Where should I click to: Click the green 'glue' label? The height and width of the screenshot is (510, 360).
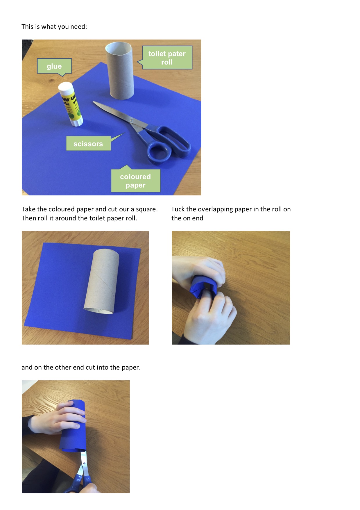(54, 66)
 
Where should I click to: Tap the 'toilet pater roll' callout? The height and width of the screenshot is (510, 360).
(167, 58)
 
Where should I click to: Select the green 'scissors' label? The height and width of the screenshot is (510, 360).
(88, 144)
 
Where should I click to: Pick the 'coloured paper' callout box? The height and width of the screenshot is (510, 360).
(135, 181)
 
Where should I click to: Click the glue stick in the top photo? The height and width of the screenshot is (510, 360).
(71, 104)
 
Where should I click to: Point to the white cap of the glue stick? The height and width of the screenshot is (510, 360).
(65, 88)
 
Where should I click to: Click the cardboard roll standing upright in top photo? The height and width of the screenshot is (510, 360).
(120, 71)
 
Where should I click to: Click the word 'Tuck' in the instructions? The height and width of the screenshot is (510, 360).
(178, 209)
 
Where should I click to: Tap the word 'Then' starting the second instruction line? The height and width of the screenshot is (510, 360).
(28, 218)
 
